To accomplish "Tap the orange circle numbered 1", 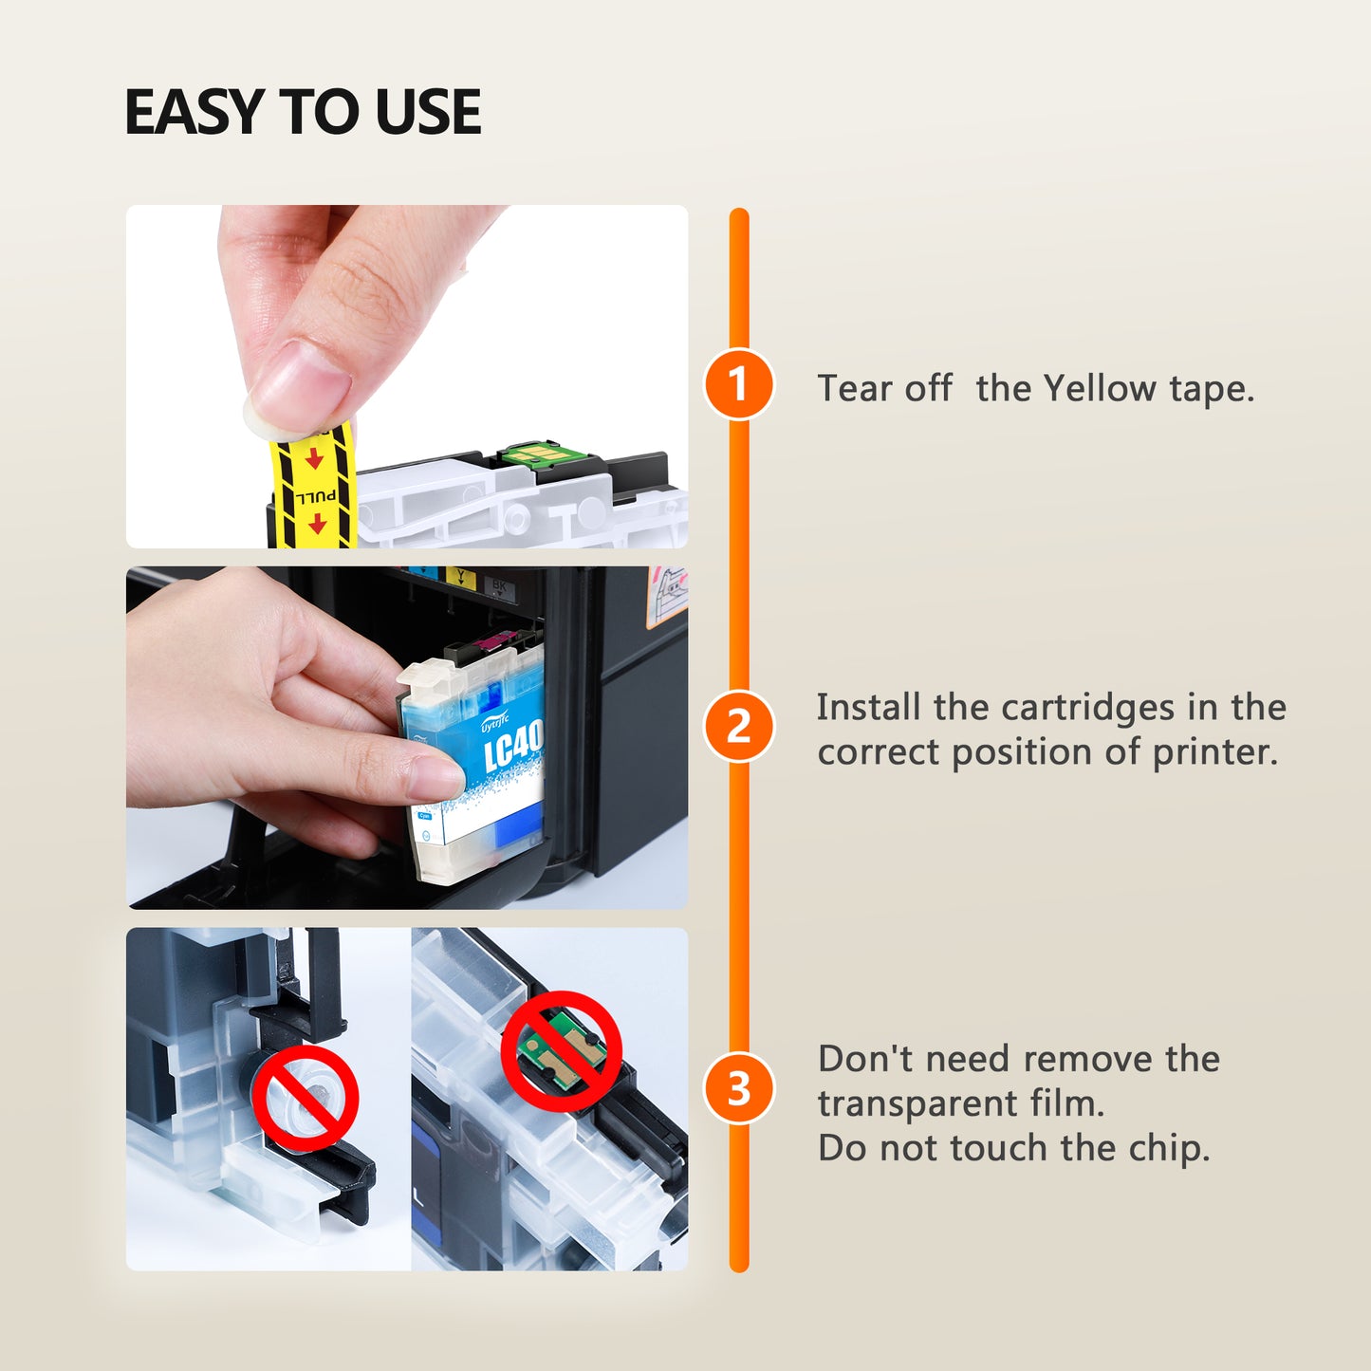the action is [x=738, y=384].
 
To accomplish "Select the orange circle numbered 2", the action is [x=738, y=727].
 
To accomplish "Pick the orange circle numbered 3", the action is [x=738, y=1088].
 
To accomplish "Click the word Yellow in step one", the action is [x=1101, y=388].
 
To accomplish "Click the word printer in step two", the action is [x=1214, y=752].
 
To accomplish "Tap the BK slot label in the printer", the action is [x=499, y=585].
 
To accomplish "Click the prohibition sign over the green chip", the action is [x=562, y=1051].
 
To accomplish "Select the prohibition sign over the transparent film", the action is [x=306, y=1099].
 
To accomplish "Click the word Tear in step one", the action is [x=852, y=388].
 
